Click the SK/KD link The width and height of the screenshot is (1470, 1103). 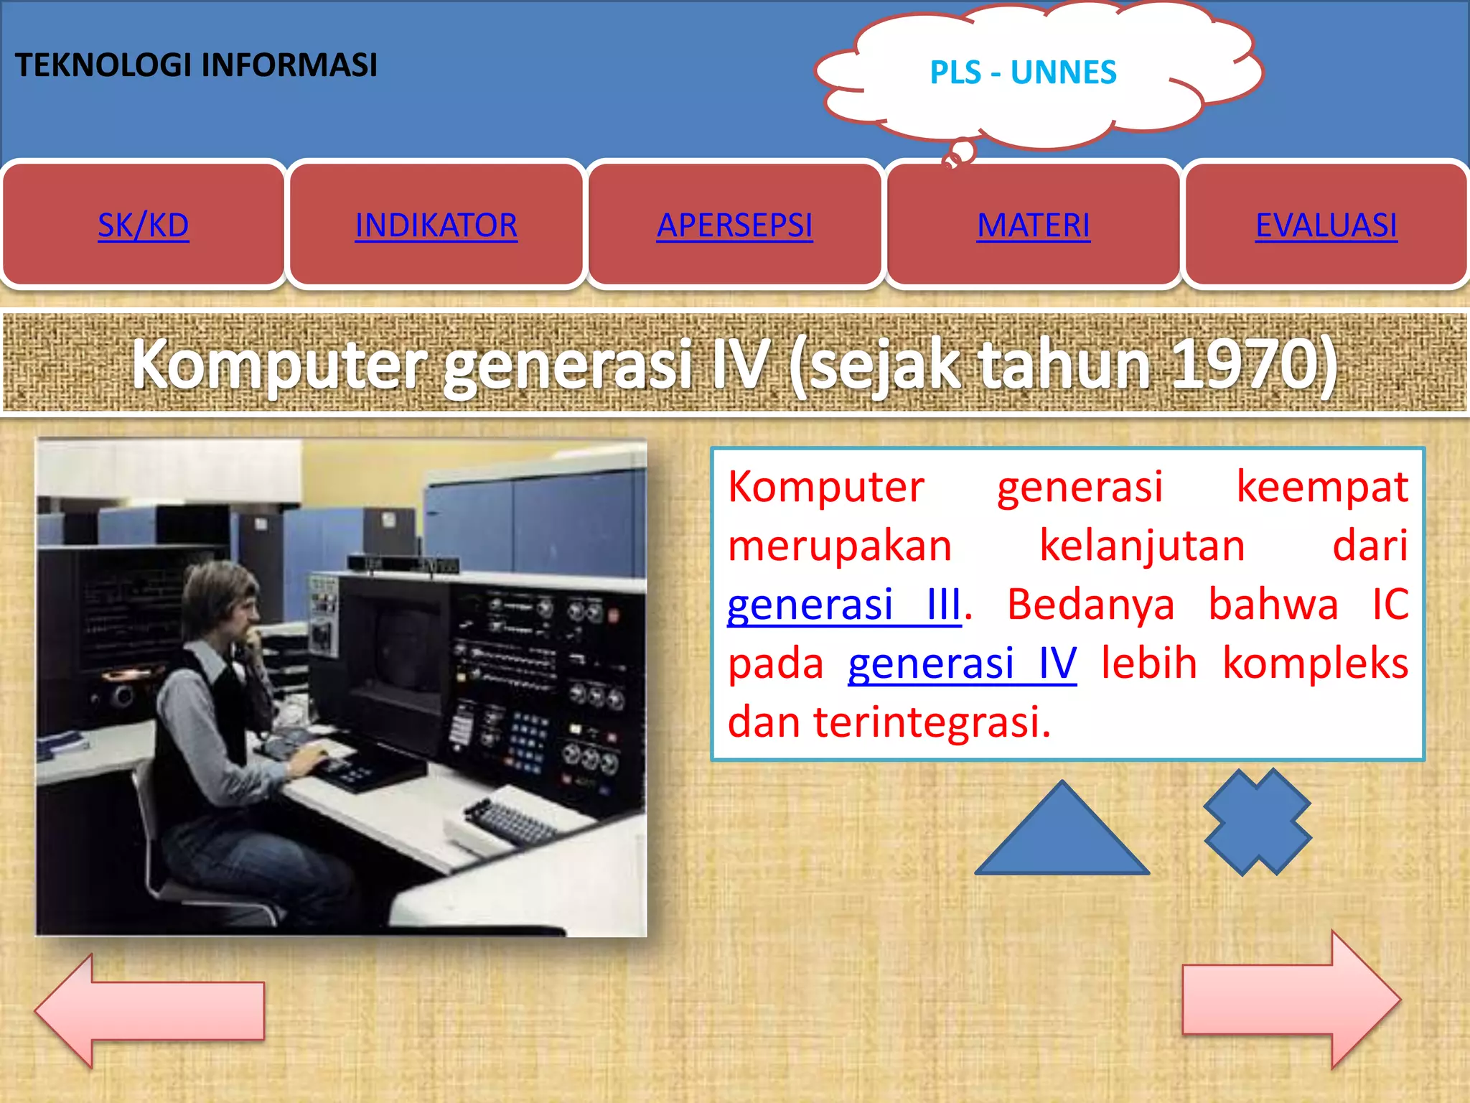tap(144, 225)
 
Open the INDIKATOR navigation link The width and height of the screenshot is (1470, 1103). tap(436, 225)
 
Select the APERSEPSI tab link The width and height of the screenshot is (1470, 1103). tap(734, 225)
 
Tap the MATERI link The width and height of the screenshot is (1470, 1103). tap(1033, 225)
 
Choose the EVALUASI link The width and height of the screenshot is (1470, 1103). tap(1326, 225)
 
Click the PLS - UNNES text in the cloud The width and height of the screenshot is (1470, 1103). tap(1023, 73)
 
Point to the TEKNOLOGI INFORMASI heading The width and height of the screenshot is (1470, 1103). tap(196, 65)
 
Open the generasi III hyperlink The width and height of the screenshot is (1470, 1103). tap(843, 605)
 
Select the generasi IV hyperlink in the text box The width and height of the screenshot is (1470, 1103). tap(962, 664)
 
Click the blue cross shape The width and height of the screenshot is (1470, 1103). tap(1258, 822)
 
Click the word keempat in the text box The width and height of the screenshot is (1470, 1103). tap(1321, 487)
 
